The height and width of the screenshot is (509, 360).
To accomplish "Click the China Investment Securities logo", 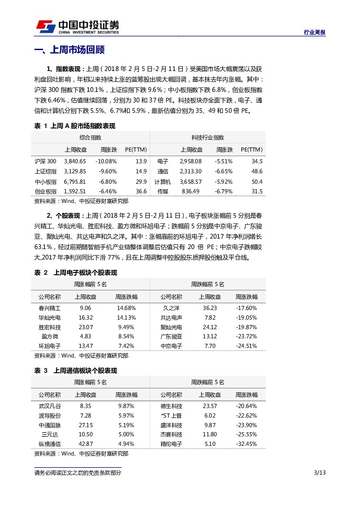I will [x=77, y=26].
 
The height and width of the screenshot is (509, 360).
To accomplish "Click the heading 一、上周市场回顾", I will [x=69, y=50].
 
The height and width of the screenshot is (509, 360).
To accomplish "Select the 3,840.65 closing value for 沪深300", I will [x=75, y=161].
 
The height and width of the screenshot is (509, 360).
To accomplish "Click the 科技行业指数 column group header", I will [x=208, y=138].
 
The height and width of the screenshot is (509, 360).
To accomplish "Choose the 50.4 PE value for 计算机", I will [x=257, y=182].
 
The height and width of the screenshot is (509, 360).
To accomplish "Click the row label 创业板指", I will [x=45, y=191].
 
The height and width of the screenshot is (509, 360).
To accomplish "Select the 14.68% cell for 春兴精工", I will [x=126, y=308].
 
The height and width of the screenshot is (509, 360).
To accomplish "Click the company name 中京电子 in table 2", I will [x=171, y=346].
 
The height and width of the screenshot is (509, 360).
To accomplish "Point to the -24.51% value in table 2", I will [x=246, y=346].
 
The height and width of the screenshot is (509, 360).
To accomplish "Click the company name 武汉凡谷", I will [x=50, y=406].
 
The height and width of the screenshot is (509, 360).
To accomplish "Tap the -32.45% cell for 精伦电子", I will [x=246, y=444].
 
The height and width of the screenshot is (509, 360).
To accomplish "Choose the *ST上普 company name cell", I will [x=171, y=415].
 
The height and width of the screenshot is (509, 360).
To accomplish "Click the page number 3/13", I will [x=320, y=473].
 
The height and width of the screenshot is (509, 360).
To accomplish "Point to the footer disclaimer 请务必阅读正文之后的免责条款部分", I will [x=78, y=473].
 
